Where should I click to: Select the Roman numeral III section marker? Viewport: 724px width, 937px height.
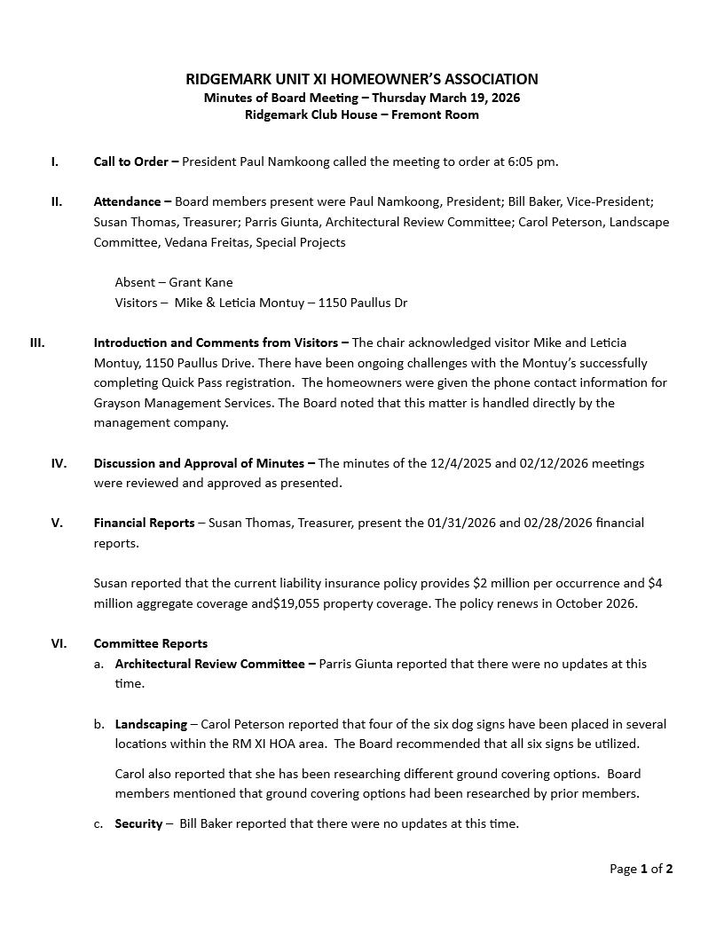click(37, 343)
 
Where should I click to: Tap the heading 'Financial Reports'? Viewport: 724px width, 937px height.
click(144, 523)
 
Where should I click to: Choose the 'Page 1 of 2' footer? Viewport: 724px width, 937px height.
click(641, 869)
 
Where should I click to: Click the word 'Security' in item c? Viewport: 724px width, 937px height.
click(138, 823)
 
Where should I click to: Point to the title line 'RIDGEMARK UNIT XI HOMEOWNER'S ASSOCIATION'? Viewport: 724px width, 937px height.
click(362, 79)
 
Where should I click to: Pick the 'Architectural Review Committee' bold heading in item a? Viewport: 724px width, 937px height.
click(209, 664)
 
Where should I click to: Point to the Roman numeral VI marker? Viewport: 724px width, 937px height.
click(58, 643)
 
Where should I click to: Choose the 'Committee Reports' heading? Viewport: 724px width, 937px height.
click(151, 643)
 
